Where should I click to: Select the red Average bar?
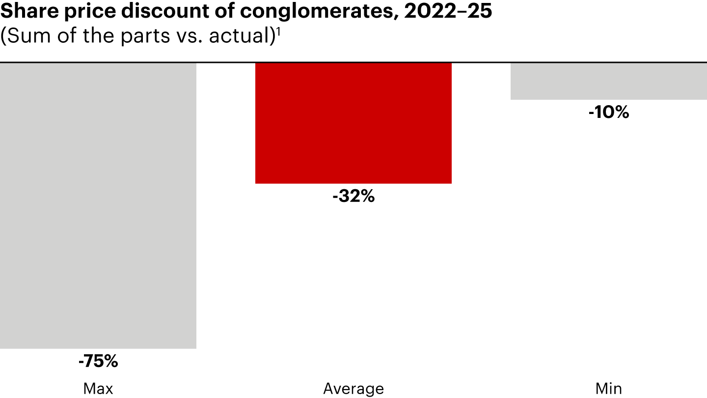(353, 123)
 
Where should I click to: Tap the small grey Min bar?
(608, 81)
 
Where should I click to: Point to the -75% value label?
(98, 362)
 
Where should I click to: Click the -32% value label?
(353, 197)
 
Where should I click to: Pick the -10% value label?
(608, 113)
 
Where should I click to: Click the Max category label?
(98, 389)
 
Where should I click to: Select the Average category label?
(353, 389)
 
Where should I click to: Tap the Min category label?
(608, 389)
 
